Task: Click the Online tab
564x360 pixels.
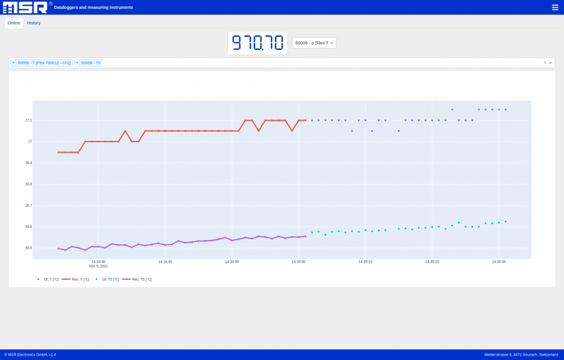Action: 14,23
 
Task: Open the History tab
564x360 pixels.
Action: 34,23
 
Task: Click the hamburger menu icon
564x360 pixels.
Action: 555,7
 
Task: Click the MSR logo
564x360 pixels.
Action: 25,7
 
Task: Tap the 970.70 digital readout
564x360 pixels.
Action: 257,43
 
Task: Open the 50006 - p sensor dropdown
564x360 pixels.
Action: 314,43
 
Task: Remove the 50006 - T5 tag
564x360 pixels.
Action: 77,63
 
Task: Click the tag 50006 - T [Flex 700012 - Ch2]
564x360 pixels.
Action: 44,63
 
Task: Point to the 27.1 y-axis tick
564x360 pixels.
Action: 29,120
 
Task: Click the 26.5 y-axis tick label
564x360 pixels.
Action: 29,248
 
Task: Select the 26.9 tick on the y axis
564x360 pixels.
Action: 29,163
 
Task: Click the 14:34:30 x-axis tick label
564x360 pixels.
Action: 98,262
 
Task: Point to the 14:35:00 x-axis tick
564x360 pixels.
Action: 299,262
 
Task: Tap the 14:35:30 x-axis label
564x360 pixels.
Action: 498,262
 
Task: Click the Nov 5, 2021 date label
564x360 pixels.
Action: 98,266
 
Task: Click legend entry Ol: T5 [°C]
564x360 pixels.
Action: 110,280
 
